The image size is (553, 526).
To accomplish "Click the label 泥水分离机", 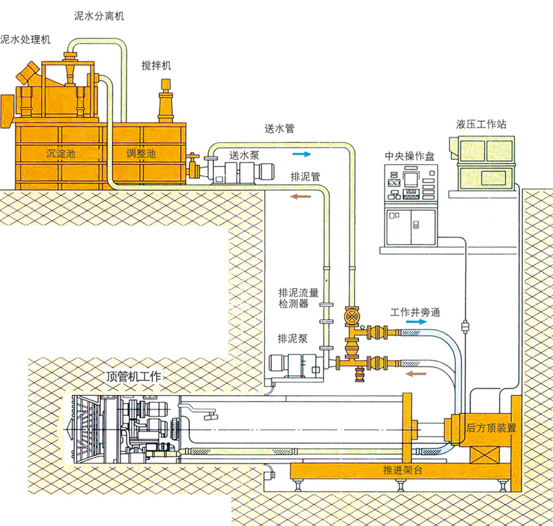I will pos(99,16).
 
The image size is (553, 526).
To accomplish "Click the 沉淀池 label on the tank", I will pos(61,154).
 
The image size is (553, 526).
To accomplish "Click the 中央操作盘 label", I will pos(409,155).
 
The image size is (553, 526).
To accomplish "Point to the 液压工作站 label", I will pos(482,124).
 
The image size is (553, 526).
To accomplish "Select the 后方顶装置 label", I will pos(490,428).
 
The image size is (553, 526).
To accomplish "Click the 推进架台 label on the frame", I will pos(399,470).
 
